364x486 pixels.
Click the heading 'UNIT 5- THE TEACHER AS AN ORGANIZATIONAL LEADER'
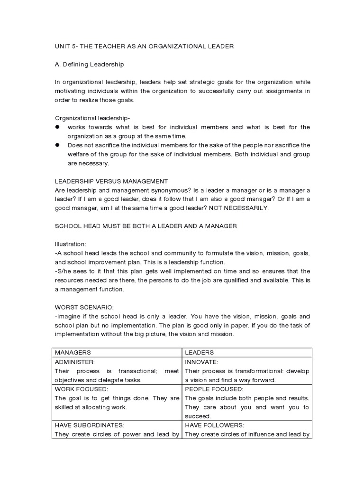[x=144, y=46]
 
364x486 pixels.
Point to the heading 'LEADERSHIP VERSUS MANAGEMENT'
[x=111, y=181]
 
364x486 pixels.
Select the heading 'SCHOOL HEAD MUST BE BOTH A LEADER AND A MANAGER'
[x=146, y=226]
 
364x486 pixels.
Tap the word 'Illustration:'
[x=71, y=244]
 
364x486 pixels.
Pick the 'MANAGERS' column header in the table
[x=73, y=353]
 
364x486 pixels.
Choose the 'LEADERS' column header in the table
[x=199, y=353]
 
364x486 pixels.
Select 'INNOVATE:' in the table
[x=201, y=362]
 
